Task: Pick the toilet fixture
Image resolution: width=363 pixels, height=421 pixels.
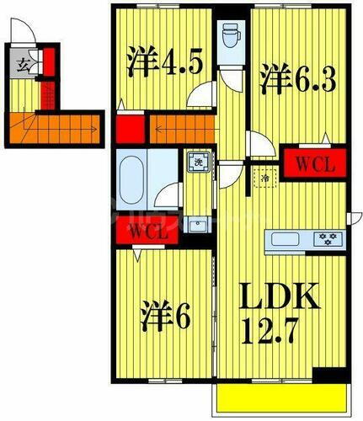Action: tap(230, 36)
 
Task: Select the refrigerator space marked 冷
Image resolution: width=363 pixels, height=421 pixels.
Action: tap(264, 179)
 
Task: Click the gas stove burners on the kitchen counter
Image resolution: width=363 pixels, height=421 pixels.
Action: tap(326, 238)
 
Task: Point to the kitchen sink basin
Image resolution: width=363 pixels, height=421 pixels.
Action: tap(283, 239)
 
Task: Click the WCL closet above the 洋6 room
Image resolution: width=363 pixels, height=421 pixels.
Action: tap(148, 232)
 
